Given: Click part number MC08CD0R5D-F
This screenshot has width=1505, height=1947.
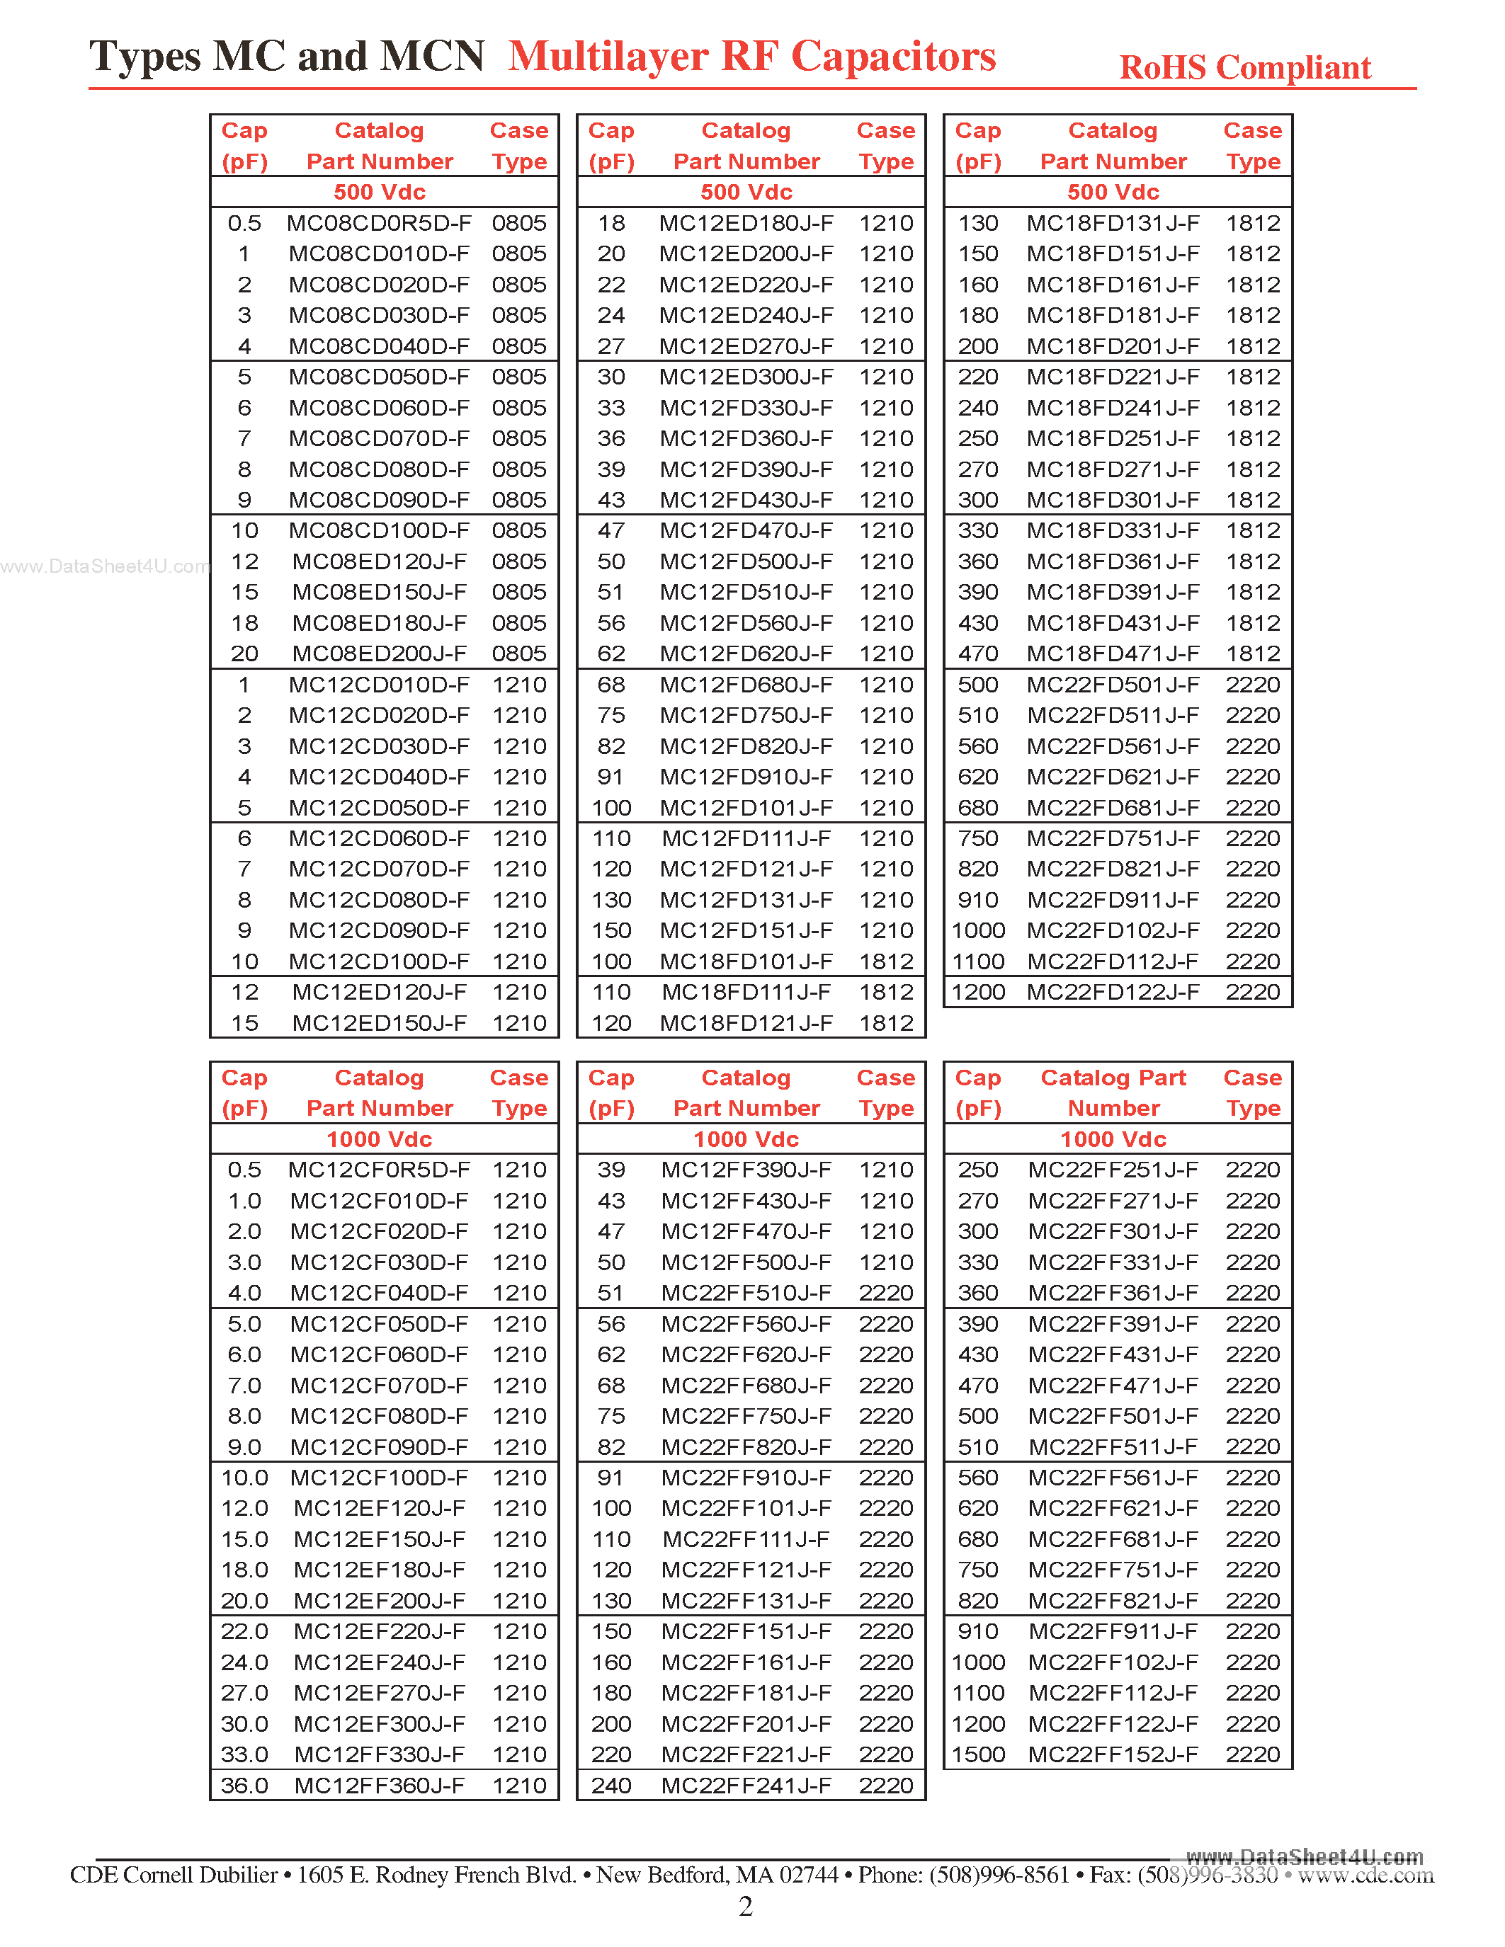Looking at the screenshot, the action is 379,223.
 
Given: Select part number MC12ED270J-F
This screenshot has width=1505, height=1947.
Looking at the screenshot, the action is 746,346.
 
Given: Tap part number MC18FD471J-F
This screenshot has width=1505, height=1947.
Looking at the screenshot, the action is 1113,653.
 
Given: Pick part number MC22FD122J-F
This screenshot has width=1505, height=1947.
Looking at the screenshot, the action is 1113,992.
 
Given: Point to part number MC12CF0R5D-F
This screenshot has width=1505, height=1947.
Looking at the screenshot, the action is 379,1170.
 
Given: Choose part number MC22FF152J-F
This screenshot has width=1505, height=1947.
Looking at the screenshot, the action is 1113,1754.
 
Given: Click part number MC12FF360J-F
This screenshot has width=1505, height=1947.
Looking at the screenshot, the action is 379,1786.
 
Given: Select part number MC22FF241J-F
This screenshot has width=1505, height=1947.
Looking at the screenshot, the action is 746,1786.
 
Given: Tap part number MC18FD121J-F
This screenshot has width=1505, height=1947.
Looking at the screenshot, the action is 746,1024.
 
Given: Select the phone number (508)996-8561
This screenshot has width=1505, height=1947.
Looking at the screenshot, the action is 999,1875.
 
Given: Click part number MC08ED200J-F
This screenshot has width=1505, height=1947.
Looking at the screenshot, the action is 379,653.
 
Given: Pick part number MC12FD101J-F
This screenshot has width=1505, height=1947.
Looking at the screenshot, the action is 746,808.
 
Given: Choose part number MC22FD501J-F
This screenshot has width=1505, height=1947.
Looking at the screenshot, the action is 1113,685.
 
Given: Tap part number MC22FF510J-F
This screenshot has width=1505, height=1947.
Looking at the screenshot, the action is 746,1293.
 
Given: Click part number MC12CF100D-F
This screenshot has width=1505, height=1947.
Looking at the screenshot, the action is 379,1477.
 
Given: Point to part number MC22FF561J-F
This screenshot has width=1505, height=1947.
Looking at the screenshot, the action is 1113,1477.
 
